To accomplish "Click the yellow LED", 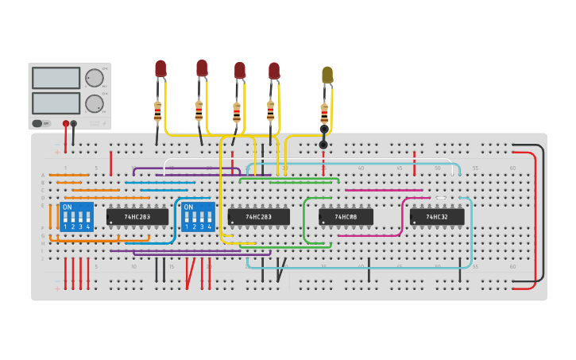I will point(327,75).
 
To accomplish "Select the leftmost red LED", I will point(160,68).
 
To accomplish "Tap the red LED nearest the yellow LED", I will point(274,71).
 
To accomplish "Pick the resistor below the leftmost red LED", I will point(157,110).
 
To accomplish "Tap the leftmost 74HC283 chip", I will point(137,216).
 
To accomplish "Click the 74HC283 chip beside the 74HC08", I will point(258,216).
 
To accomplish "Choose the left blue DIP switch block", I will point(77,216).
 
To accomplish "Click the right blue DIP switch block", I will point(198,216).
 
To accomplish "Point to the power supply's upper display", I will point(56,78).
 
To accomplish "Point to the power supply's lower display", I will point(56,103).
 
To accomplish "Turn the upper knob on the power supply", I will point(94,78).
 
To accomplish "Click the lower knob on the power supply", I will point(94,103).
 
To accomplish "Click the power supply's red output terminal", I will point(64,123).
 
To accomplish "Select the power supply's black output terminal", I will point(74,123).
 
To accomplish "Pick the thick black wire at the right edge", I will point(543,215).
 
